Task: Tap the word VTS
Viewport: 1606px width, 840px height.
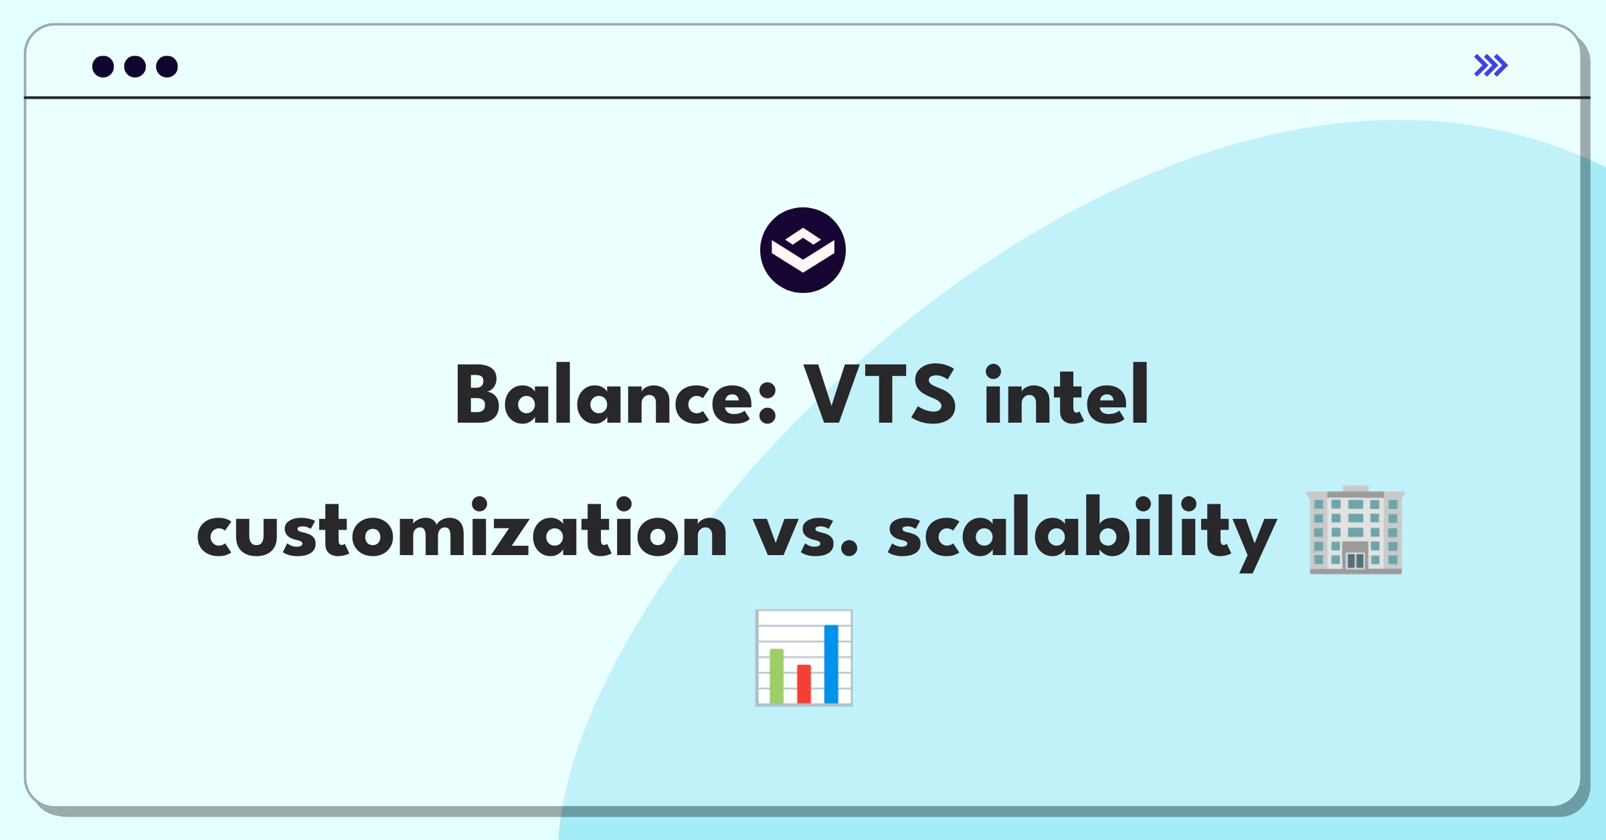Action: (x=880, y=394)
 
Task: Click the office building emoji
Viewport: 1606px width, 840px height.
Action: (x=1355, y=530)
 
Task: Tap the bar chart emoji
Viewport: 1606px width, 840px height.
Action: (x=804, y=658)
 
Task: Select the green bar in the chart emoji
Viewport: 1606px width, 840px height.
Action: (x=776, y=675)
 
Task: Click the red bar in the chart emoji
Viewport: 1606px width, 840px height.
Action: (x=804, y=684)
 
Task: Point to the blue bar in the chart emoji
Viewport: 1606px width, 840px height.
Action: (x=831, y=663)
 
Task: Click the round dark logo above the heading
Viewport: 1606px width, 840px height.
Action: (x=803, y=250)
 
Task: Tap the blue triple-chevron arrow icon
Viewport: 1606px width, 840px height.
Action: (x=1491, y=66)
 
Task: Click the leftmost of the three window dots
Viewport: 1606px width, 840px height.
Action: (x=103, y=66)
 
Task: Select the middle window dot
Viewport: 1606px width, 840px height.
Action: (x=135, y=66)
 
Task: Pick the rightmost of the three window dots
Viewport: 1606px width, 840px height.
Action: (x=167, y=66)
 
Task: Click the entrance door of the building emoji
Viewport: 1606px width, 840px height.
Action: (x=1355, y=558)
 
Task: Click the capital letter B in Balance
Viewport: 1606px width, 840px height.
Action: (x=478, y=394)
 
